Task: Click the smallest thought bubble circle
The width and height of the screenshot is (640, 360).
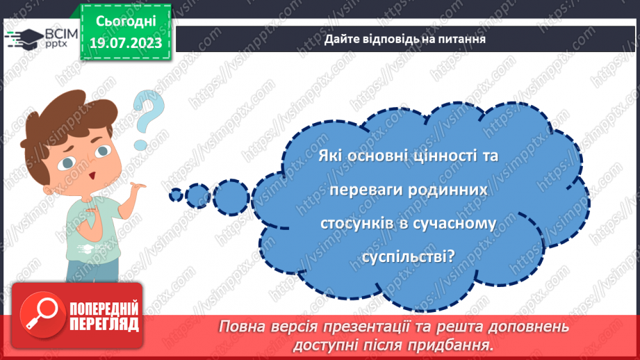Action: point(176,194)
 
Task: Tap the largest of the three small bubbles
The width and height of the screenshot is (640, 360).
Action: point(229,193)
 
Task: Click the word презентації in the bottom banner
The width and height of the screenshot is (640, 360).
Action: point(389,327)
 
